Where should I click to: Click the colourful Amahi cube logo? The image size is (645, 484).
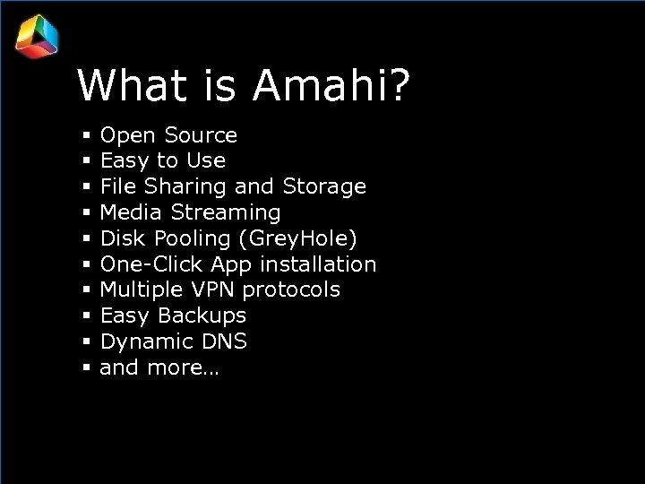37,37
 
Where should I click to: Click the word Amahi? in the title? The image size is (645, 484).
332,86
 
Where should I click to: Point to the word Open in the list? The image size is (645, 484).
127,136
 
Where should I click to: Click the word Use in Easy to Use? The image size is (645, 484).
206,161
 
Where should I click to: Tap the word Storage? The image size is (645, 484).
324,187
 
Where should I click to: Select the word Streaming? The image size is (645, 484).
226,213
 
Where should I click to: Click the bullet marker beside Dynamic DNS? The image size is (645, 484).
86,342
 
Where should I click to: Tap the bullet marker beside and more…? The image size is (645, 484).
86,367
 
